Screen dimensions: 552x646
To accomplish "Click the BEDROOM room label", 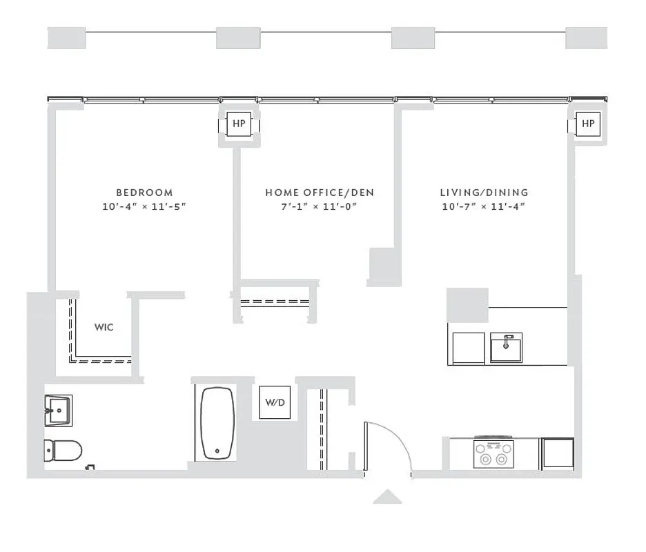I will pyautogui.click(x=144, y=193).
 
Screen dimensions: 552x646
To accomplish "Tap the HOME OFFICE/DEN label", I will pyautogui.click(x=320, y=193).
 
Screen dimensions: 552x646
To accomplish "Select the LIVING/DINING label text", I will pyautogui.click(x=484, y=193).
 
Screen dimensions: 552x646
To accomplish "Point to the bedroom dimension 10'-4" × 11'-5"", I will pyautogui.click(x=144, y=207).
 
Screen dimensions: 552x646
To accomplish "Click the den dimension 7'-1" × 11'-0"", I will pyautogui.click(x=320, y=207).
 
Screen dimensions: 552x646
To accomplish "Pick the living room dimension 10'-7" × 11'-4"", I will pyautogui.click(x=484, y=207).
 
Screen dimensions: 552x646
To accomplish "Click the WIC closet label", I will pyautogui.click(x=104, y=327).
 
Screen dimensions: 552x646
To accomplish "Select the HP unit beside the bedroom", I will pyautogui.click(x=239, y=124).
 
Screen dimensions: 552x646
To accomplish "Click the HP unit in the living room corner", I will pyautogui.click(x=587, y=124).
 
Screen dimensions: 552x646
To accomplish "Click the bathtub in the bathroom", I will pyautogui.click(x=217, y=423).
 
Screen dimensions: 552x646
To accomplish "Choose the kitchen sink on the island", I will pyautogui.click(x=506, y=347).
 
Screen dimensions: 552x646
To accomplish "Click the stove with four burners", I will pyautogui.click(x=493, y=453).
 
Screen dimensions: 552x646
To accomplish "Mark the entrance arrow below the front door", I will pyautogui.click(x=387, y=496).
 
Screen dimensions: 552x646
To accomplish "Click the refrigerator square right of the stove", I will pyautogui.click(x=557, y=453).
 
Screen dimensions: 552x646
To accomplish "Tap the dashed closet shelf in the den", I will pyautogui.click(x=273, y=302).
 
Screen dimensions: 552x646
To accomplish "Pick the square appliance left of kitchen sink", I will pyautogui.click(x=467, y=348).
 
